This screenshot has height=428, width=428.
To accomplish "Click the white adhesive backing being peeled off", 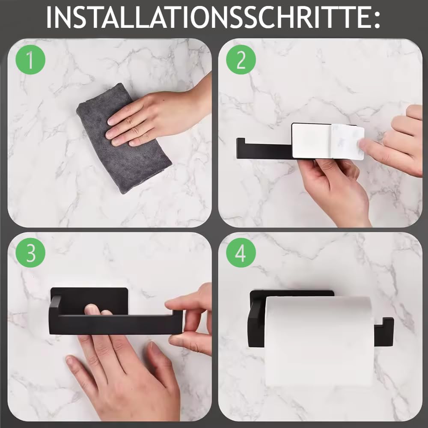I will click(x=347, y=141).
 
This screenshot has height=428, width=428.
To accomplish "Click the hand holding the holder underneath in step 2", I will click(x=338, y=188).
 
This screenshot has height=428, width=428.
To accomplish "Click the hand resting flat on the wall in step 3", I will click(x=124, y=377).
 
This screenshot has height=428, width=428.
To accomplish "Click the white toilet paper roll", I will click(x=319, y=338).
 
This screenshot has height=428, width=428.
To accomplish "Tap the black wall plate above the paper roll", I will click(x=291, y=294).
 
